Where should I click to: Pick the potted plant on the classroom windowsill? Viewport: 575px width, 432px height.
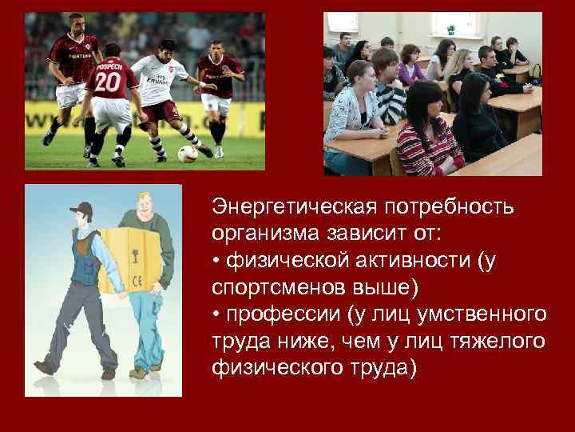pos(450,30)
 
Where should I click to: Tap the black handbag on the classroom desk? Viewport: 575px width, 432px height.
pos(534,76)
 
